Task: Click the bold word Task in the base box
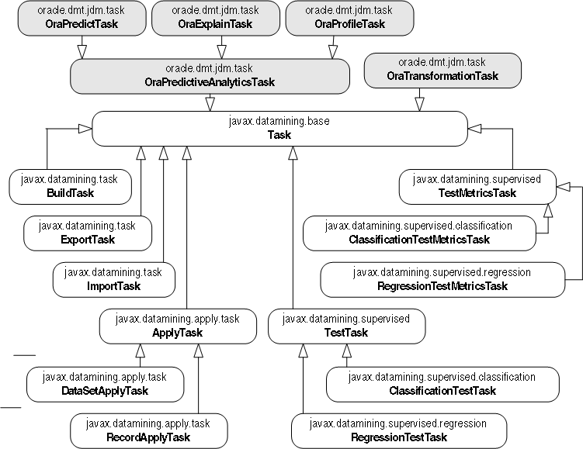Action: pyautogui.click(x=279, y=135)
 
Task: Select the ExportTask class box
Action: pyautogui.click(x=87, y=233)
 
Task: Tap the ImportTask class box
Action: pyautogui.click(x=113, y=279)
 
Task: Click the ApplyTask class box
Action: pyautogui.click(x=178, y=326)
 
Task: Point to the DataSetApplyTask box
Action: pyautogui.click(x=104, y=384)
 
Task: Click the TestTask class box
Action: pyautogui.click(x=346, y=326)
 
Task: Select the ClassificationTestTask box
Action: pyautogui.click(x=442, y=384)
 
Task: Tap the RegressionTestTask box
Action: pyautogui.click(x=398, y=430)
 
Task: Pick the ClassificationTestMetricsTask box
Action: pyautogui.click(x=419, y=233)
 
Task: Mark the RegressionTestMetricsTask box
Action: pyautogui.click(x=442, y=279)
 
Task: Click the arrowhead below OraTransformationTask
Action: pyautogui.click(x=420, y=102)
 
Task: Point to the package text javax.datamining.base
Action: pyautogui.click(x=279, y=122)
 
